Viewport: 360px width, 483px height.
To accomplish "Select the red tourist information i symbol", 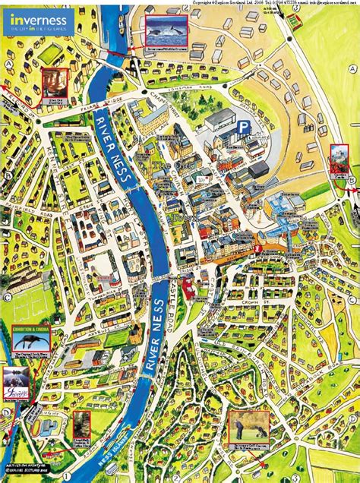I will coord(260,249).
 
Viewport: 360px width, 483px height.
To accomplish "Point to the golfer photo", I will coord(248,429).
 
